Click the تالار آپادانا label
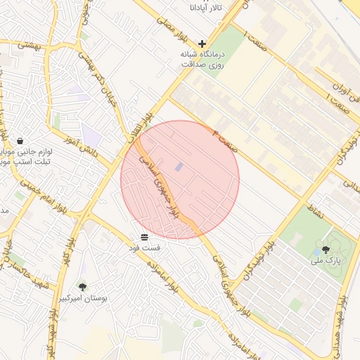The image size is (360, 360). point(205,7)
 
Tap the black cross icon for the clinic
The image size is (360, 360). point(202,44)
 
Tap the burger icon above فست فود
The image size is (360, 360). point(144,236)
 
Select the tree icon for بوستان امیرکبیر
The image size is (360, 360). point(83,287)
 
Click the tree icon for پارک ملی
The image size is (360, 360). point(325,249)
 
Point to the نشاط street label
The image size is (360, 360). point(316,208)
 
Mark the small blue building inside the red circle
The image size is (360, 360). point(178,167)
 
